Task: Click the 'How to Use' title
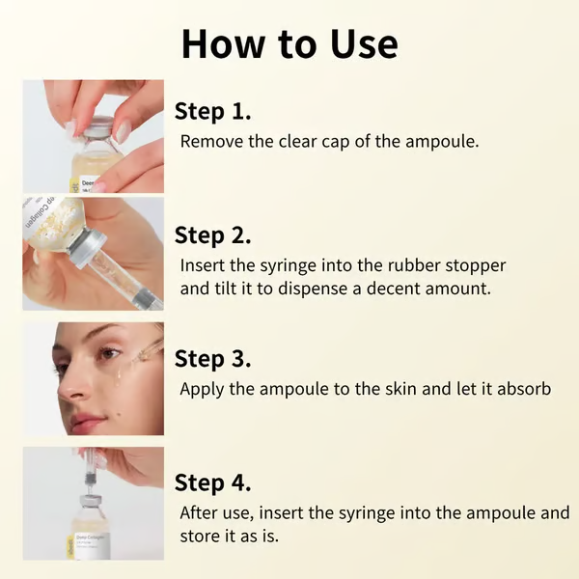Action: (x=289, y=44)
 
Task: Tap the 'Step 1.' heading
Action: (x=212, y=111)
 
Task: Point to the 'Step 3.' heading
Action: (x=212, y=359)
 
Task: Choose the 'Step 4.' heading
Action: (x=212, y=482)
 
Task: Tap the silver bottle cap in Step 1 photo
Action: (x=96, y=131)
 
